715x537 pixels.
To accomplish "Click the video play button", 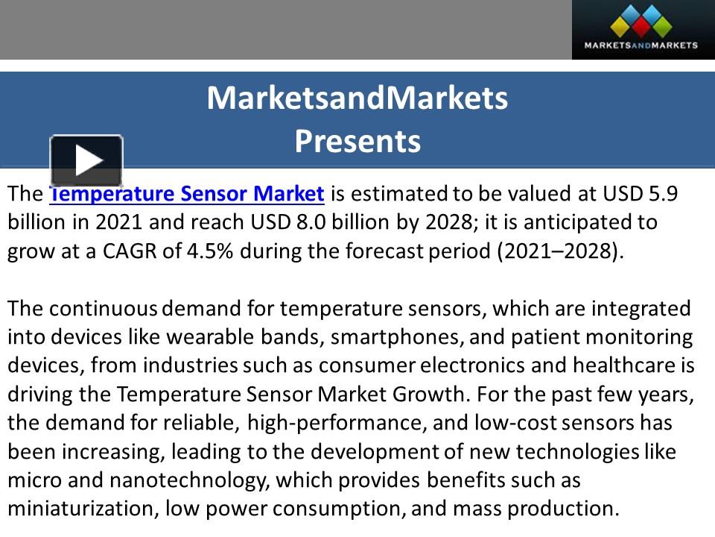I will coord(86,160).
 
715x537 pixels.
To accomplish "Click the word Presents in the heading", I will coord(357,141).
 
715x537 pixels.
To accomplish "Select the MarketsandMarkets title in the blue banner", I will coord(357,98).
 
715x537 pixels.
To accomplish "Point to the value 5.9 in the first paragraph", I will coord(662,194).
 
